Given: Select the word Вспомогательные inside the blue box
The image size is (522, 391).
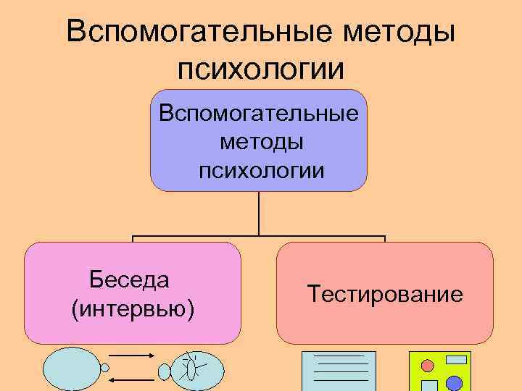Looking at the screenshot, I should point(259,114).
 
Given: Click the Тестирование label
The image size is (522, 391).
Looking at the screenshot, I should point(384,294).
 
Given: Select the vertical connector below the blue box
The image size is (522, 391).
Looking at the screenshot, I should point(259,214).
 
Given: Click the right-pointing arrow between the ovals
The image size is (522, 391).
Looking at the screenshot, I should point(131,356).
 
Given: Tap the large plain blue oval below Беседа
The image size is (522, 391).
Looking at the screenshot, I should point(70,370).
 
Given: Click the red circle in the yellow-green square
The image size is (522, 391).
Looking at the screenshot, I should point(428,364).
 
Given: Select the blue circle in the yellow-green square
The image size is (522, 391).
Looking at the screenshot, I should point(454,382).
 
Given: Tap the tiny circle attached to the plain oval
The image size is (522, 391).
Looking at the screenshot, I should point(105,368).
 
